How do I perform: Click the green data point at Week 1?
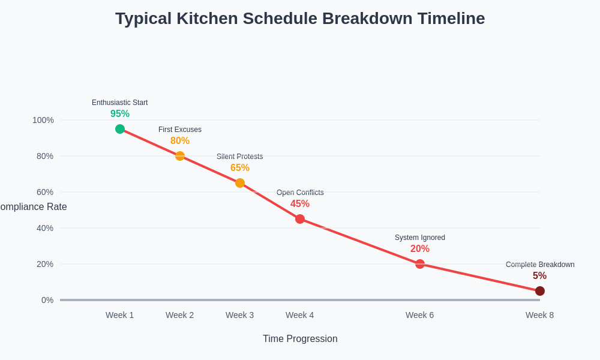[120, 129]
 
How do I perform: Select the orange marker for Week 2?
[180, 156]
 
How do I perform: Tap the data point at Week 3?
[240, 183]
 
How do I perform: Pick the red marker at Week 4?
[300, 219]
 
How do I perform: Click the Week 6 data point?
[420, 264]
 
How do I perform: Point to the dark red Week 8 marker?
[540, 291]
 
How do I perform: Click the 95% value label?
[120, 114]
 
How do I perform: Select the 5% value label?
[539, 276]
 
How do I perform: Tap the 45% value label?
[300, 204]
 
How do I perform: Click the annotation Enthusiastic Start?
[120, 103]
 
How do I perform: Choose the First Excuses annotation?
[180, 130]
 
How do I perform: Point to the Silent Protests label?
[240, 157]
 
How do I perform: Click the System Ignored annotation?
[420, 238]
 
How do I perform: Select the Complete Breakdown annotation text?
[540, 265]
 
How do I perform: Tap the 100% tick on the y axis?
[43, 120]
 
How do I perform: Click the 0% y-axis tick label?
[47, 300]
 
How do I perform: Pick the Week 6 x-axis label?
[420, 315]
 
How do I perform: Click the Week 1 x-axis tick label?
[120, 315]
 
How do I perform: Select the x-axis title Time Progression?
[300, 339]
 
